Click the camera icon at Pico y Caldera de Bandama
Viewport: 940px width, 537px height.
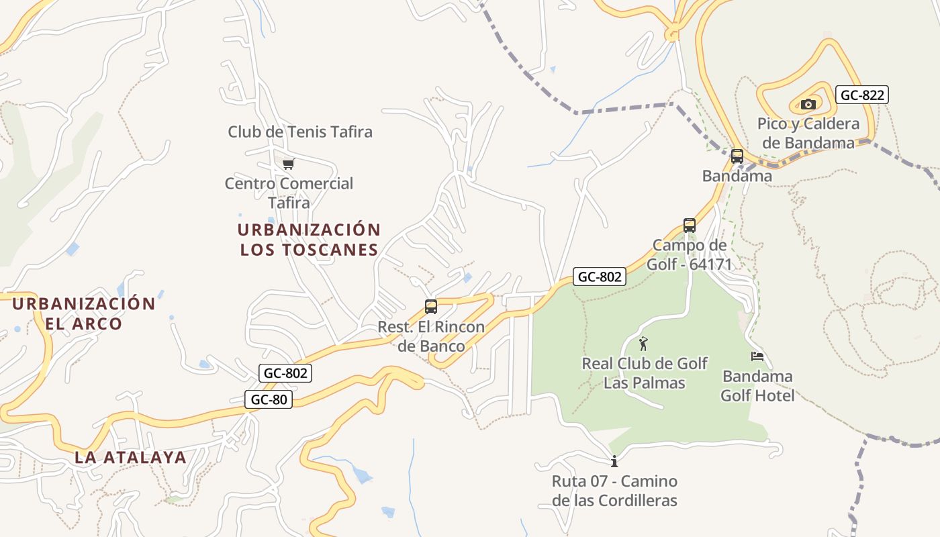[808, 104]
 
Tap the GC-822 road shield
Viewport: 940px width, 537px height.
[863, 95]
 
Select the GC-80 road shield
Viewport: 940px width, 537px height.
[269, 400]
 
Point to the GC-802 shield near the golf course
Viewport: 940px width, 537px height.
[600, 277]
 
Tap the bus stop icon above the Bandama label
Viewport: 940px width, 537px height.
[737, 156]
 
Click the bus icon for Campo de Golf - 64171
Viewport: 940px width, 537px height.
[689, 226]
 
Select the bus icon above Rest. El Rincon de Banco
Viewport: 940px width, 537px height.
[431, 307]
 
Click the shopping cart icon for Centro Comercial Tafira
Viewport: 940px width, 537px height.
[289, 164]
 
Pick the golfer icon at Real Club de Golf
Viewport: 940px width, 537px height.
[644, 344]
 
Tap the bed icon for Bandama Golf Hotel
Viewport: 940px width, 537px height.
[757, 356]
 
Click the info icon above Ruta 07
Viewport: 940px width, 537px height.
[614, 461]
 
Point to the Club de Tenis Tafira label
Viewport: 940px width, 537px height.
[300, 132]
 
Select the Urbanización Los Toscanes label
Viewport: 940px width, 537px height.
[309, 240]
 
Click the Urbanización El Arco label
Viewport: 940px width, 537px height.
[84, 313]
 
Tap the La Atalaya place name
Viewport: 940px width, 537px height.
[130, 458]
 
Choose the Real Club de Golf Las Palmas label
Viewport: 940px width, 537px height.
[644, 373]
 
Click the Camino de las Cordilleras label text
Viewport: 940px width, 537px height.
[614, 491]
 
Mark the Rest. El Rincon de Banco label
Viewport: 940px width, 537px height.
[431, 337]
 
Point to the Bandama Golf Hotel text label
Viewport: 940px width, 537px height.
[757, 386]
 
